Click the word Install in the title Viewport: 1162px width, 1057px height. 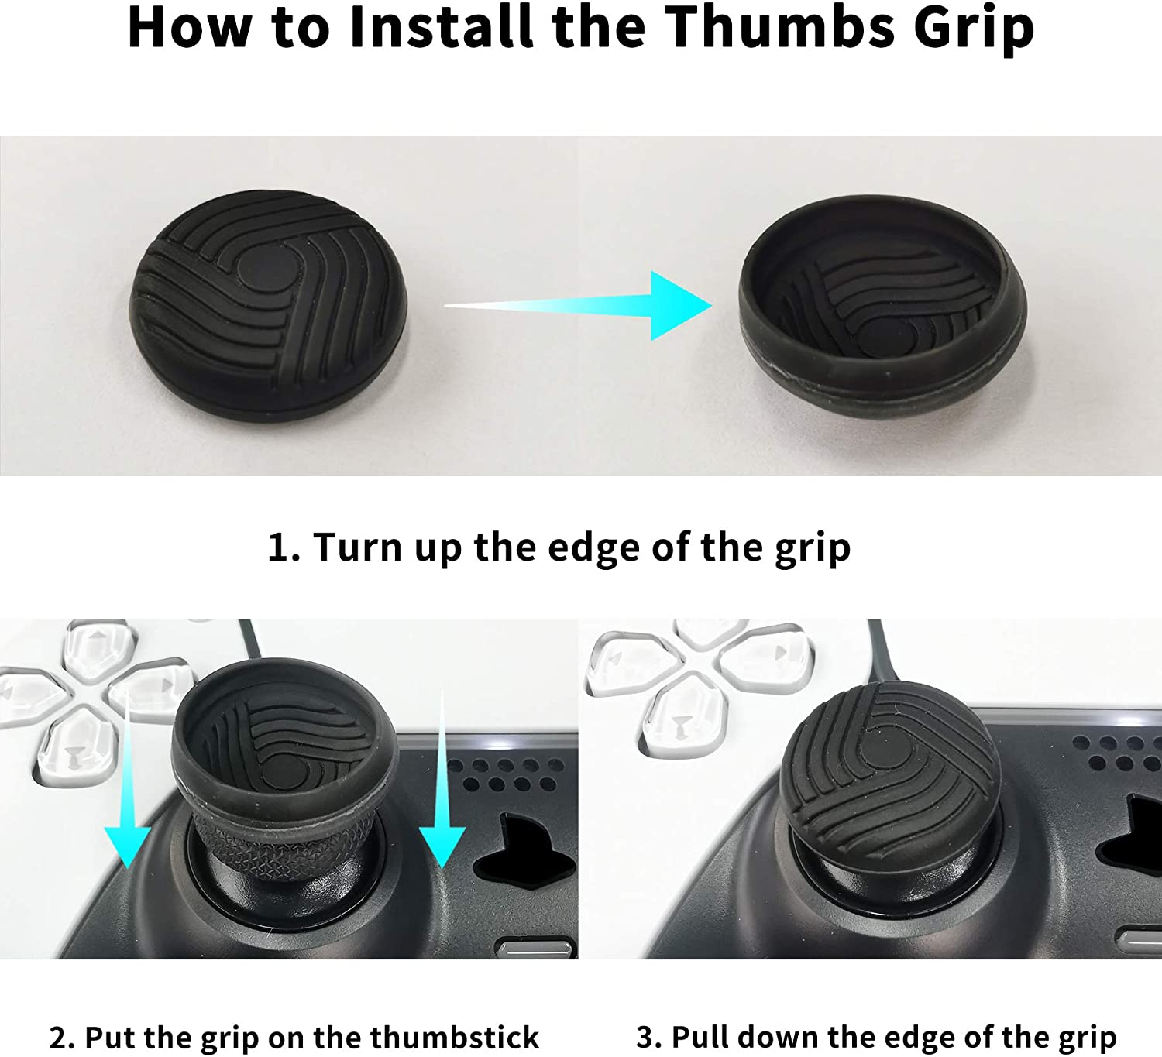pos(441,26)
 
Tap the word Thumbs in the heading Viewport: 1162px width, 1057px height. pos(779,26)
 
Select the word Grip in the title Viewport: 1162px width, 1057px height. pos(974,30)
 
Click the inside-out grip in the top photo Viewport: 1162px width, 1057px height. pos(882,306)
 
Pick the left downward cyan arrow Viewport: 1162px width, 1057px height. pos(128,779)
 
